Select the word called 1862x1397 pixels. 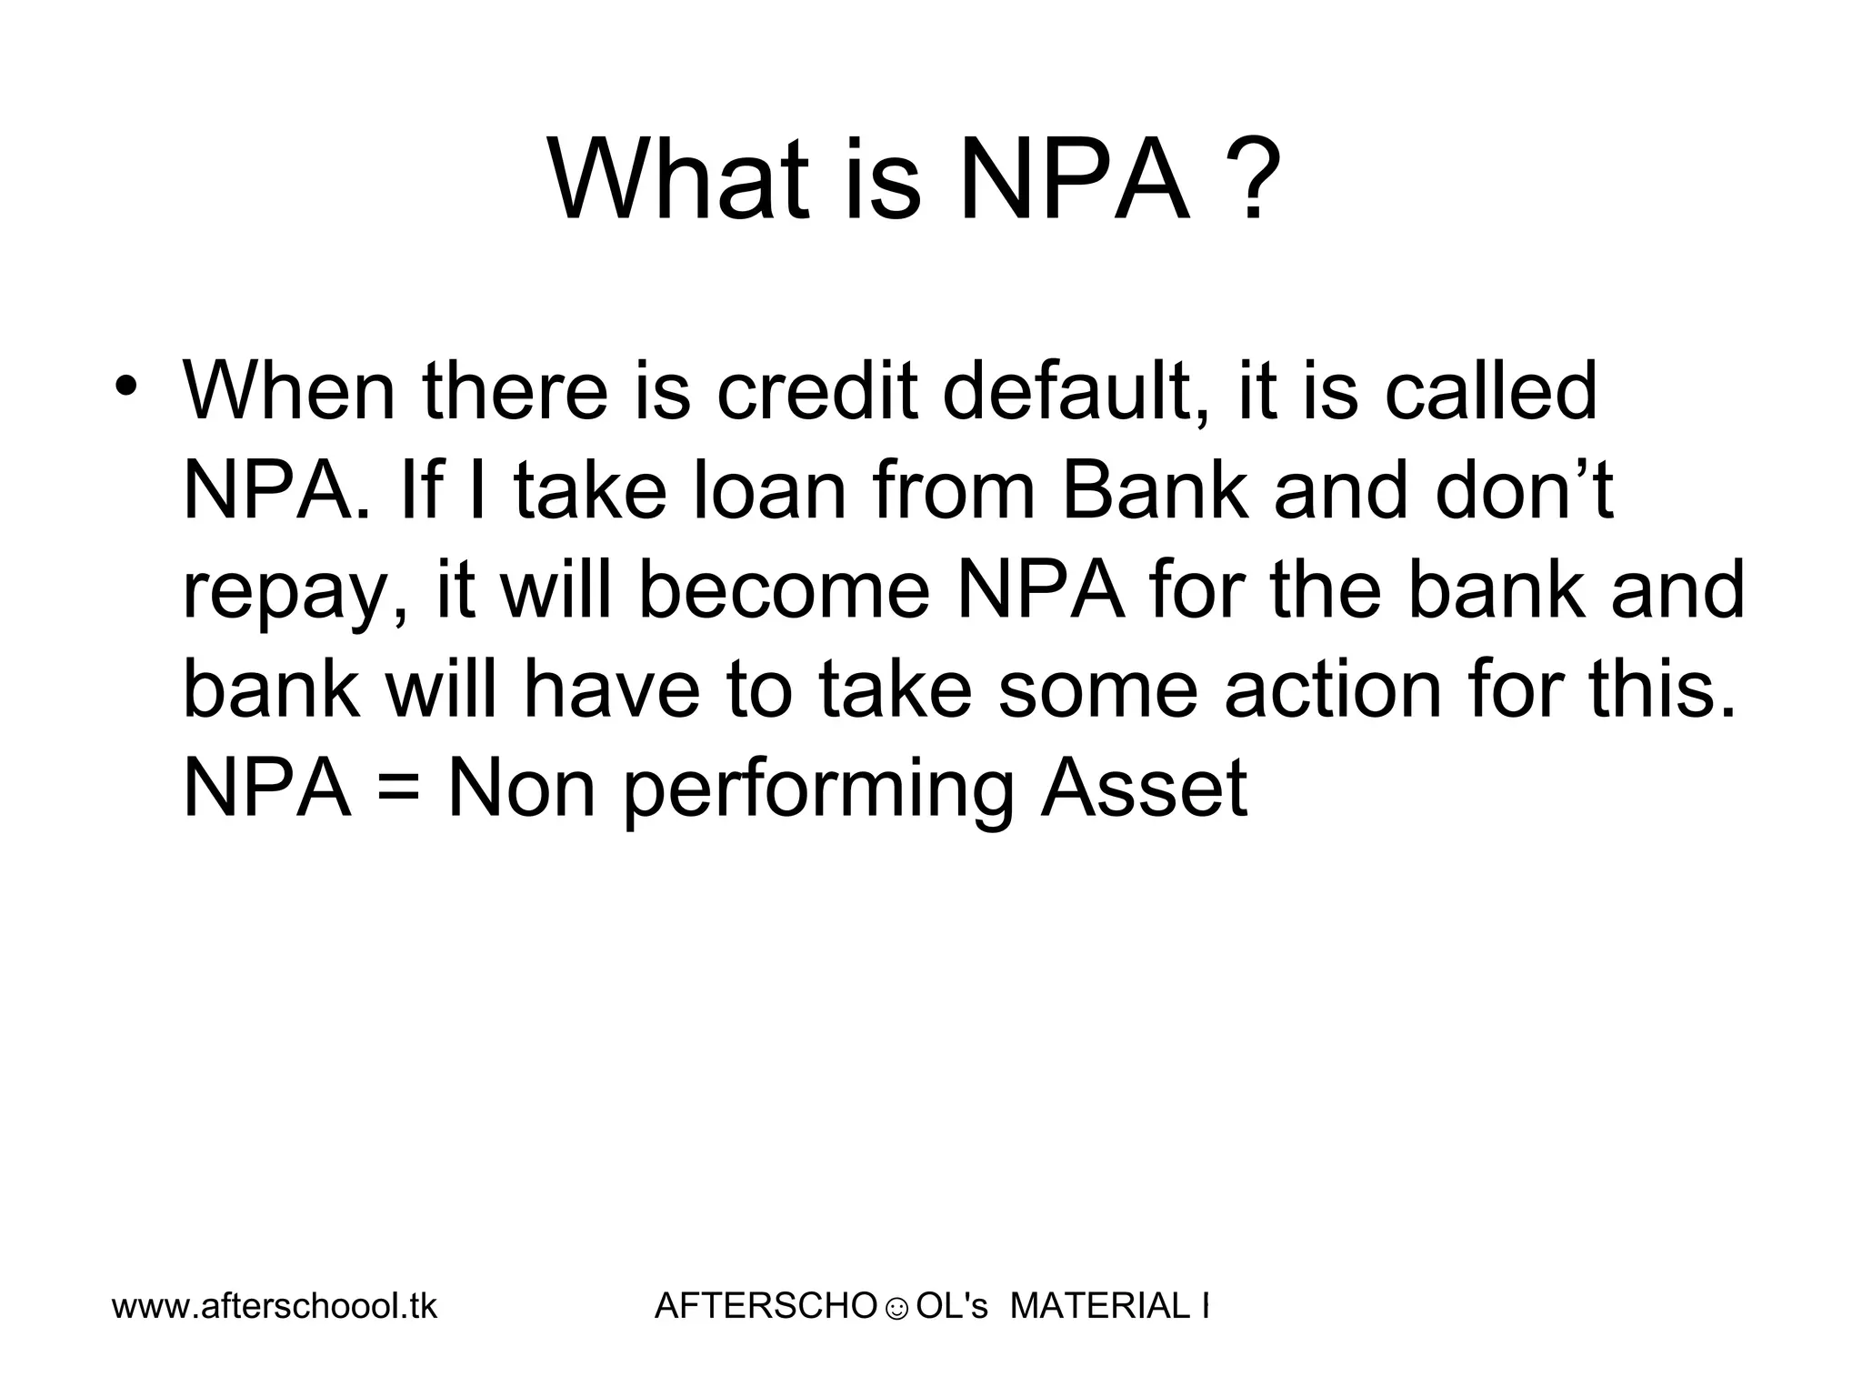[x=1490, y=393]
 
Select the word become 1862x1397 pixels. [x=784, y=590]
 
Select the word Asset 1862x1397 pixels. [x=1143, y=789]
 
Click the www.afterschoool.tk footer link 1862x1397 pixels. [x=275, y=1307]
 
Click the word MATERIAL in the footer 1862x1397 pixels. [x=1095, y=1307]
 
